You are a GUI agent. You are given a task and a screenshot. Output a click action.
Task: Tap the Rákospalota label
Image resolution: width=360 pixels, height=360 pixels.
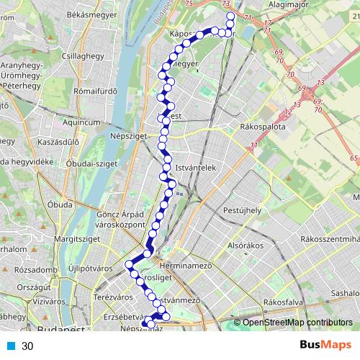tap(263, 127)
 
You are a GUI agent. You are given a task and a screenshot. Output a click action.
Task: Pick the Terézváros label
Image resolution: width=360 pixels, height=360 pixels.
tap(114, 296)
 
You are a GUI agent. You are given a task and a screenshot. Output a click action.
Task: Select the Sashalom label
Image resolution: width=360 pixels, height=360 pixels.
tap(343, 294)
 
